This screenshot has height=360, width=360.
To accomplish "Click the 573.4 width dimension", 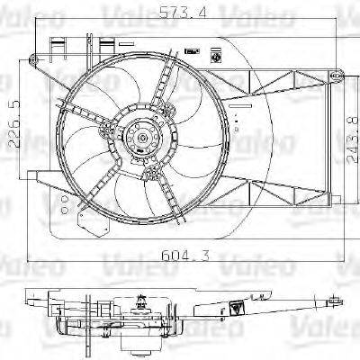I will coord(179,13).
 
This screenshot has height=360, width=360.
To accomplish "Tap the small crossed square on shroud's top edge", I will coord(219,55).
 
